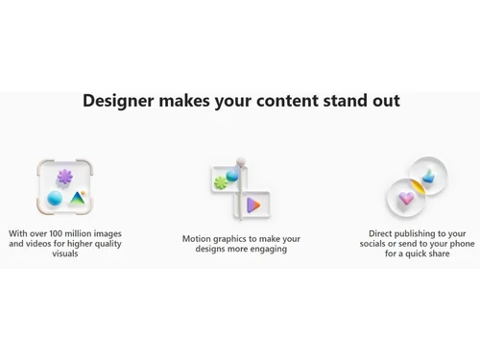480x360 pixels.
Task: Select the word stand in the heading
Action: pyautogui.click(x=348, y=101)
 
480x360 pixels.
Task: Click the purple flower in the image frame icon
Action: pyautogui.click(x=64, y=178)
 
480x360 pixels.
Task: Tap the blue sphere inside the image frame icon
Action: pyautogui.click(x=55, y=199)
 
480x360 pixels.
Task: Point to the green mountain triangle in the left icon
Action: pyautogui.click(x=77, y=199)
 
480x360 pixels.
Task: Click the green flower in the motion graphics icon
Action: pyautogui.click(x=221, y=181)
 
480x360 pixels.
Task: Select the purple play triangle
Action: pyautogui.click(x=253, y=204)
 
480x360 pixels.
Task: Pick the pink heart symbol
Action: pyautogui.click(x=406, y=199)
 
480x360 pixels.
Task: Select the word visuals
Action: pyautogui.click(x=65, y=254)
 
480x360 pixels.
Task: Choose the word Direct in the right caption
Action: pyautogui.click(x=384, y=233)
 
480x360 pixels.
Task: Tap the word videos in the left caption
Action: pyautogui.click(x=43, y=244)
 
